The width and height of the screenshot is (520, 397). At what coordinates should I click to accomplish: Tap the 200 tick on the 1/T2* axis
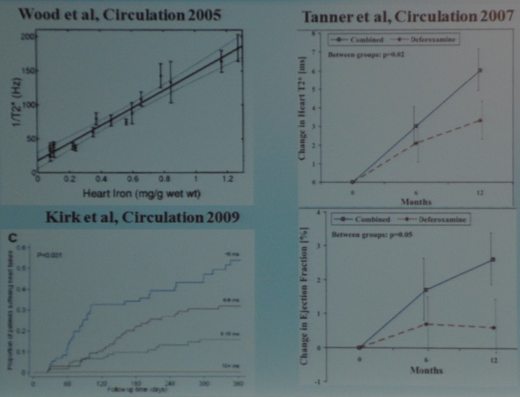tap(27, 36)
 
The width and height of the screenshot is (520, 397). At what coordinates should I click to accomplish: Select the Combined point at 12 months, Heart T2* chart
tap(480, 70)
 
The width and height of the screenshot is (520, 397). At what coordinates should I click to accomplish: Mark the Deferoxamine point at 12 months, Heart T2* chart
tap(480, 120)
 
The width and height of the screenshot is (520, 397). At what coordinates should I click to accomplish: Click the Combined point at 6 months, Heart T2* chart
tap(416, 126)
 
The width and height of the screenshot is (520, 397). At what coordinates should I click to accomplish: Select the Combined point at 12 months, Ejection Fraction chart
tap(493, 259)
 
